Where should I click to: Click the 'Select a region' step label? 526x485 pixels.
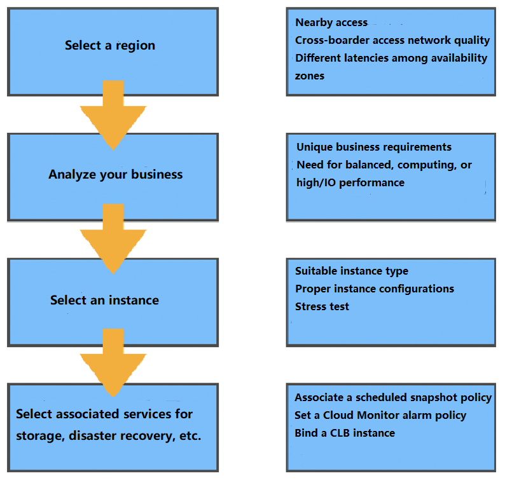click(x=110, y=46)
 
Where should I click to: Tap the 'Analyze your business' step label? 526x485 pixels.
click(x=115, y=175)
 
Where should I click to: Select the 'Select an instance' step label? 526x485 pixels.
click(x=104, y=300)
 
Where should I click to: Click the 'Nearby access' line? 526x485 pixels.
click(x=331, y=23)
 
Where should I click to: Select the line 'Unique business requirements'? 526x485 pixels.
click(x=374, y=147)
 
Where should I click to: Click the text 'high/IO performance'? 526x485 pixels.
click(x=350, y=183)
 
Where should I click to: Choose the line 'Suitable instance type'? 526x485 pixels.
click(x=352, y=271)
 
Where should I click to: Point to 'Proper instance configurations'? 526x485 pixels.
click(x=375, y=289)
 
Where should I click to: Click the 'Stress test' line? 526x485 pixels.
click(x=322, y=307)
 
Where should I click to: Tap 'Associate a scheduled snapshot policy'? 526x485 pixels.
click(x=393, y=398)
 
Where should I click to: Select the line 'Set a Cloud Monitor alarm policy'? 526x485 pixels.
click(x=380, y=416)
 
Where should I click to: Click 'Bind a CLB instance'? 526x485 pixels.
click(x=345, y=434)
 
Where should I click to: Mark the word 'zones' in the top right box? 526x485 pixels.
click(x=310, y=76)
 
